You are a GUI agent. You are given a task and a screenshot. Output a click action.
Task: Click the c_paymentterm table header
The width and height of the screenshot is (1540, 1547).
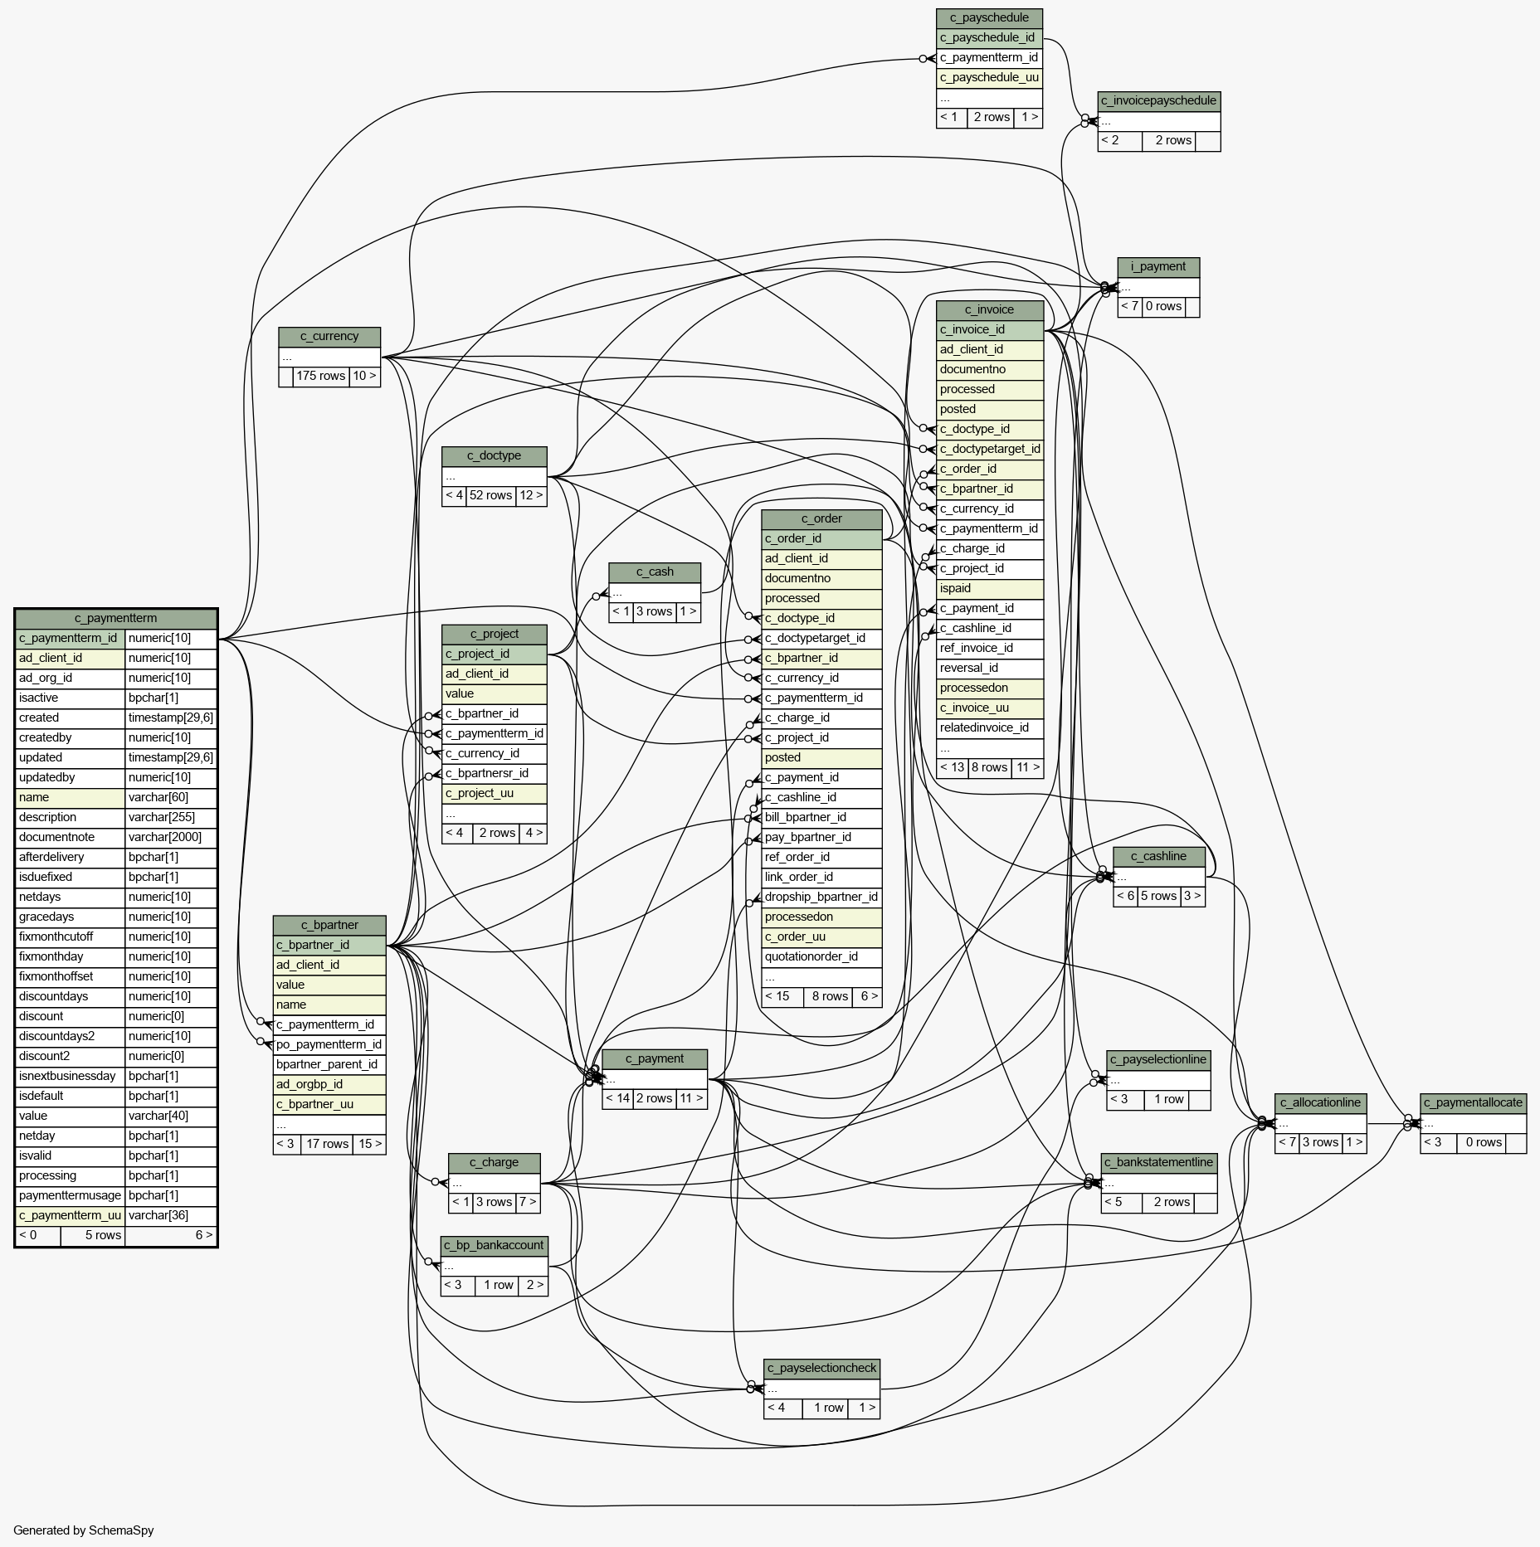[x=115, y=618]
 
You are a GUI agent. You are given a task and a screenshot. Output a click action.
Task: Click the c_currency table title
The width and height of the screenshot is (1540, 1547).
[x=329, y=336]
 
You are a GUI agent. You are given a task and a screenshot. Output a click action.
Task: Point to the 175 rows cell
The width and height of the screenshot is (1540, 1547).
[x=320, y=376]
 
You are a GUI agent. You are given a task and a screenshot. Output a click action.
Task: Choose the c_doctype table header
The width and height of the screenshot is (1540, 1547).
[x=494, y=455]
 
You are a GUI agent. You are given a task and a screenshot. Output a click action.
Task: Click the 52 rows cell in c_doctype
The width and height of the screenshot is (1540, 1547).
[x=490, y=495]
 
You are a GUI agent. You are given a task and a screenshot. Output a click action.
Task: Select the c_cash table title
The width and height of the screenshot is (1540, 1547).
[x=655, y=572]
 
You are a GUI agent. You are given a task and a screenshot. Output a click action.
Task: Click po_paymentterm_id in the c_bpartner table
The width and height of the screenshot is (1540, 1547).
[x=329, y=1044]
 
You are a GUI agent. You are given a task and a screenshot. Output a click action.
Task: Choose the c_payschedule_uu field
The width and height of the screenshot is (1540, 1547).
[x=989, y=77]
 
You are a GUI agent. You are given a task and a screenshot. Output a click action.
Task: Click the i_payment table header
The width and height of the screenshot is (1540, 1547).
[x=1157, y=266]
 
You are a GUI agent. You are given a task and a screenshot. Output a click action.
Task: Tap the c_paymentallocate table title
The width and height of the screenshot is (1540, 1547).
[x=1473, y=1102]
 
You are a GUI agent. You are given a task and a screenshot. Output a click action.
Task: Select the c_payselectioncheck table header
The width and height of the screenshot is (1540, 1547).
[x=821, y=1368]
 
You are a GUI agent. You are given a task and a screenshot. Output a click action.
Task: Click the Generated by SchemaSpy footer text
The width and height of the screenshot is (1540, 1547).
[x=84, y=1530]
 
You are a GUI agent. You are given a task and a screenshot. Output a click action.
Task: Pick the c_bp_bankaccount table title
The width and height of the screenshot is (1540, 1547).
[x=494, y=1245]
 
